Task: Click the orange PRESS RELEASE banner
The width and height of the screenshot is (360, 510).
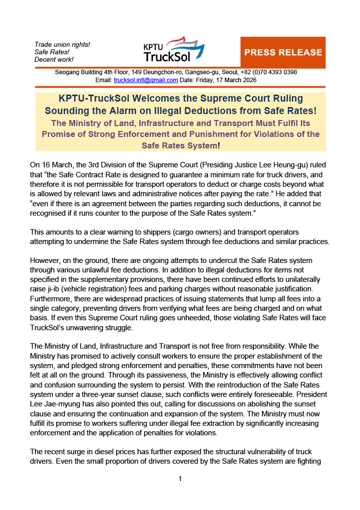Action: [x=283, y=52]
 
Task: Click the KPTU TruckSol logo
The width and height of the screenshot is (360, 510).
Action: [x=173, y=50]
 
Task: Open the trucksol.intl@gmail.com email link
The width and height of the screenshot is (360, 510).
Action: [x=146, y=80]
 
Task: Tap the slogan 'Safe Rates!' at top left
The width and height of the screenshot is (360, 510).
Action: [x=52, y=52]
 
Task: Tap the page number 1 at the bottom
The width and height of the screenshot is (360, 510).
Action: [x=180, y=479]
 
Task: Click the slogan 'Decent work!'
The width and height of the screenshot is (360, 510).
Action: [x=54, y=60]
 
